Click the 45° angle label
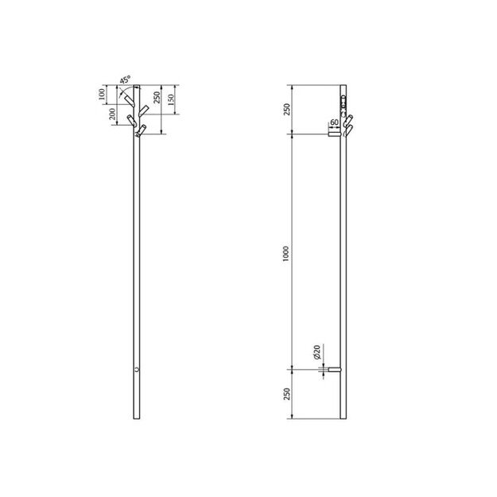126,80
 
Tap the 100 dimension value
102,95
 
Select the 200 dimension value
113,114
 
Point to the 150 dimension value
171,100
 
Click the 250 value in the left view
157,98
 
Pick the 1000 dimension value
286,253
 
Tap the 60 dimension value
334,122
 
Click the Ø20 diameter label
317,351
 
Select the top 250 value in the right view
286,110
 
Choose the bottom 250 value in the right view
287,394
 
